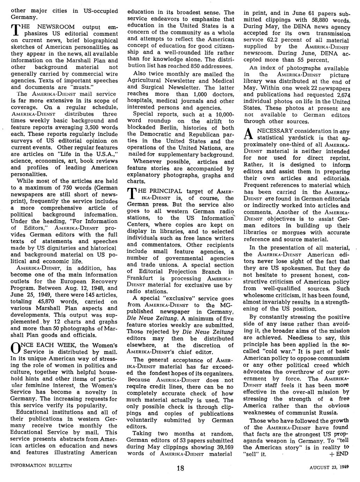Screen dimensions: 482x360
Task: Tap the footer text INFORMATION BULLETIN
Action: pos(41,465)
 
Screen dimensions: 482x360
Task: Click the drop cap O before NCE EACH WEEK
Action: pos(15,348)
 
